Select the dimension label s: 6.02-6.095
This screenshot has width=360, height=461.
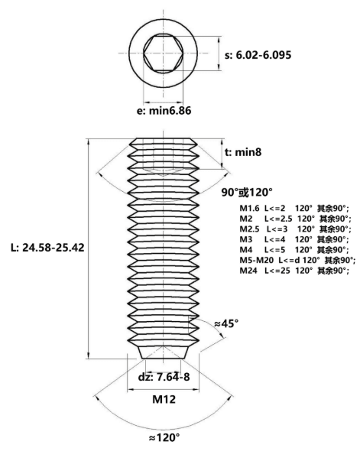[258, 55]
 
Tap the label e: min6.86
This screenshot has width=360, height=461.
[164, 111]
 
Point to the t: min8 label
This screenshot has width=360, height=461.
[243, 152]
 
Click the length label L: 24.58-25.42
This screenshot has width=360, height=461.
[47, 248]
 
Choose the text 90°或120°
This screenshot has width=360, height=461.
[247, 193]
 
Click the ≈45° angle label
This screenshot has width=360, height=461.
[226, 323]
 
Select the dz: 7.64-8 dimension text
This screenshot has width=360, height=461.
[164, 377]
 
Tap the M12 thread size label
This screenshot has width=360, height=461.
[164, 399]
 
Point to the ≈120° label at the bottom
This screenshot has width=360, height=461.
[164, 437]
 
